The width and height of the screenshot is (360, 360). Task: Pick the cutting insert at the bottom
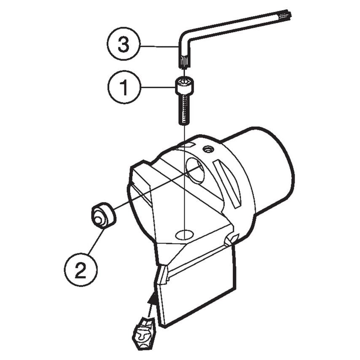(144, 331)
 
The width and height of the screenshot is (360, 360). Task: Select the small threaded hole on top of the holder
(207, 148)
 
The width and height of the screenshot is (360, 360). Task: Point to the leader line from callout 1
(156, 87)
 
